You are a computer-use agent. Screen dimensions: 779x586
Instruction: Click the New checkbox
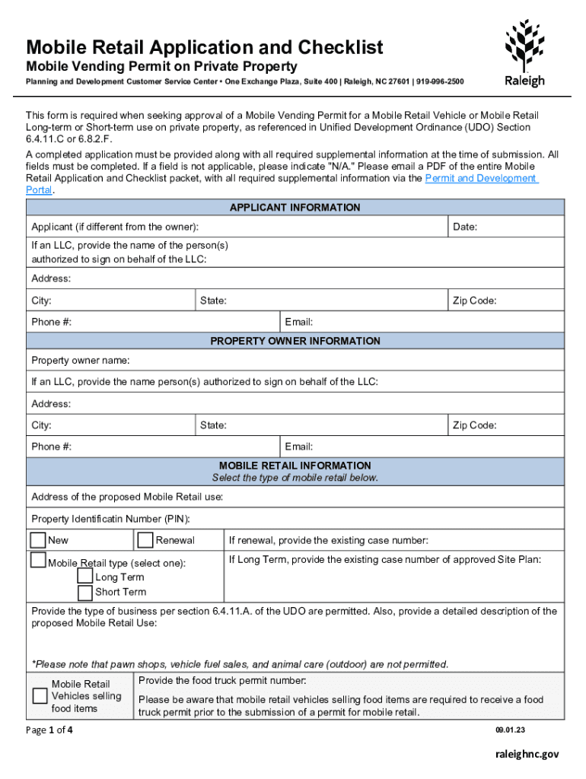(38, 540)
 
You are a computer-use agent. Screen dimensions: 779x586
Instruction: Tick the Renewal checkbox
(145, 540)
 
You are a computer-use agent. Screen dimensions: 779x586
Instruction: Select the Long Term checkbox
(85, 577)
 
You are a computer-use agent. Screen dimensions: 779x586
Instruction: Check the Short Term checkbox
(85, 592)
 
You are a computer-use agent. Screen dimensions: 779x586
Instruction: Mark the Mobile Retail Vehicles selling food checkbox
(40, 696)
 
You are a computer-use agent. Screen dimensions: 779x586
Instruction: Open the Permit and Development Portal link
(481, 178)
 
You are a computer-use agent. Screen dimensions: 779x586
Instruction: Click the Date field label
(465, 227)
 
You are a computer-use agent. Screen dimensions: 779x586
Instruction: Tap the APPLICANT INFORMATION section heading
(295, 208)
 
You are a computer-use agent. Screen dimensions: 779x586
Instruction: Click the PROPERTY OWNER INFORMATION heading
(295, 341)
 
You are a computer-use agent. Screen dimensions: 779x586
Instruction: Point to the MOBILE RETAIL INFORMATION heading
(295, 465)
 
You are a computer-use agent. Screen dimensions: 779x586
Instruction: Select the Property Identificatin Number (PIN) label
(110, 519)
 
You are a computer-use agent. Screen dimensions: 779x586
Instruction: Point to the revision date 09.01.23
(510, 730)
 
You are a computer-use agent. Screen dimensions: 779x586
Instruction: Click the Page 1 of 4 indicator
(49, 731)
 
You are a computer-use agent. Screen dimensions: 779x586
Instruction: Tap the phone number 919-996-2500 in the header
(439, 81)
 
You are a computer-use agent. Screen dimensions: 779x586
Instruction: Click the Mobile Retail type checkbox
(38, 561)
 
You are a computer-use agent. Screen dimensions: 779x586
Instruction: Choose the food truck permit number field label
(222, 680)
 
